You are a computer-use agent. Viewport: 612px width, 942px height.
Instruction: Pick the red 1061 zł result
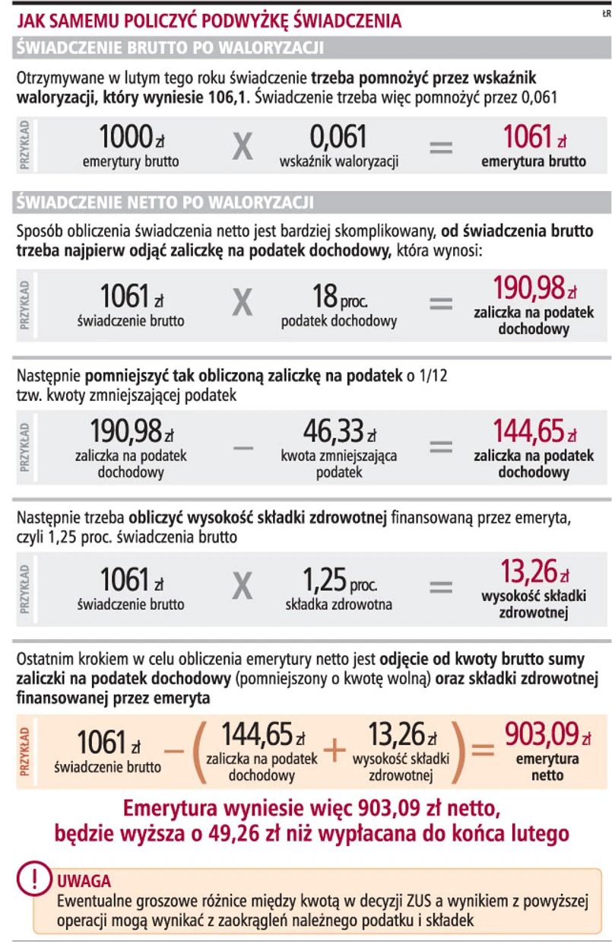tap(533, 138)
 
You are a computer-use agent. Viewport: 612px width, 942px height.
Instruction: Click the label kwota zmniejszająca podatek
tap(339, 463)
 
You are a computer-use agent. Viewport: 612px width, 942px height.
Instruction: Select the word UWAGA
tap(84, 883)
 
